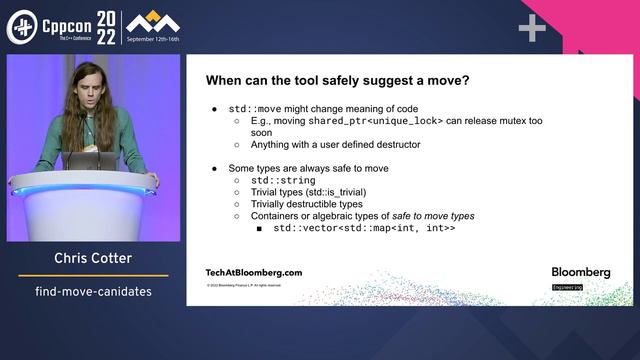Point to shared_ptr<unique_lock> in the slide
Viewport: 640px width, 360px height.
361,121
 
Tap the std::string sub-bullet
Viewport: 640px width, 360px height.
283,180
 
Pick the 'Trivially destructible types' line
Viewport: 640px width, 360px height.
306,204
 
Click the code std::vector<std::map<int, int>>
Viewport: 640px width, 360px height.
364,228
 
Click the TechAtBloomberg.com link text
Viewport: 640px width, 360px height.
253,272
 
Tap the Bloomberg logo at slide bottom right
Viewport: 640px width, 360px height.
580,272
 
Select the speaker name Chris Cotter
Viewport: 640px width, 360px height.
93,260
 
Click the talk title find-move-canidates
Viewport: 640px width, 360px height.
93,292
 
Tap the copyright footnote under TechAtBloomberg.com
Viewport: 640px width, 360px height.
243,286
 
